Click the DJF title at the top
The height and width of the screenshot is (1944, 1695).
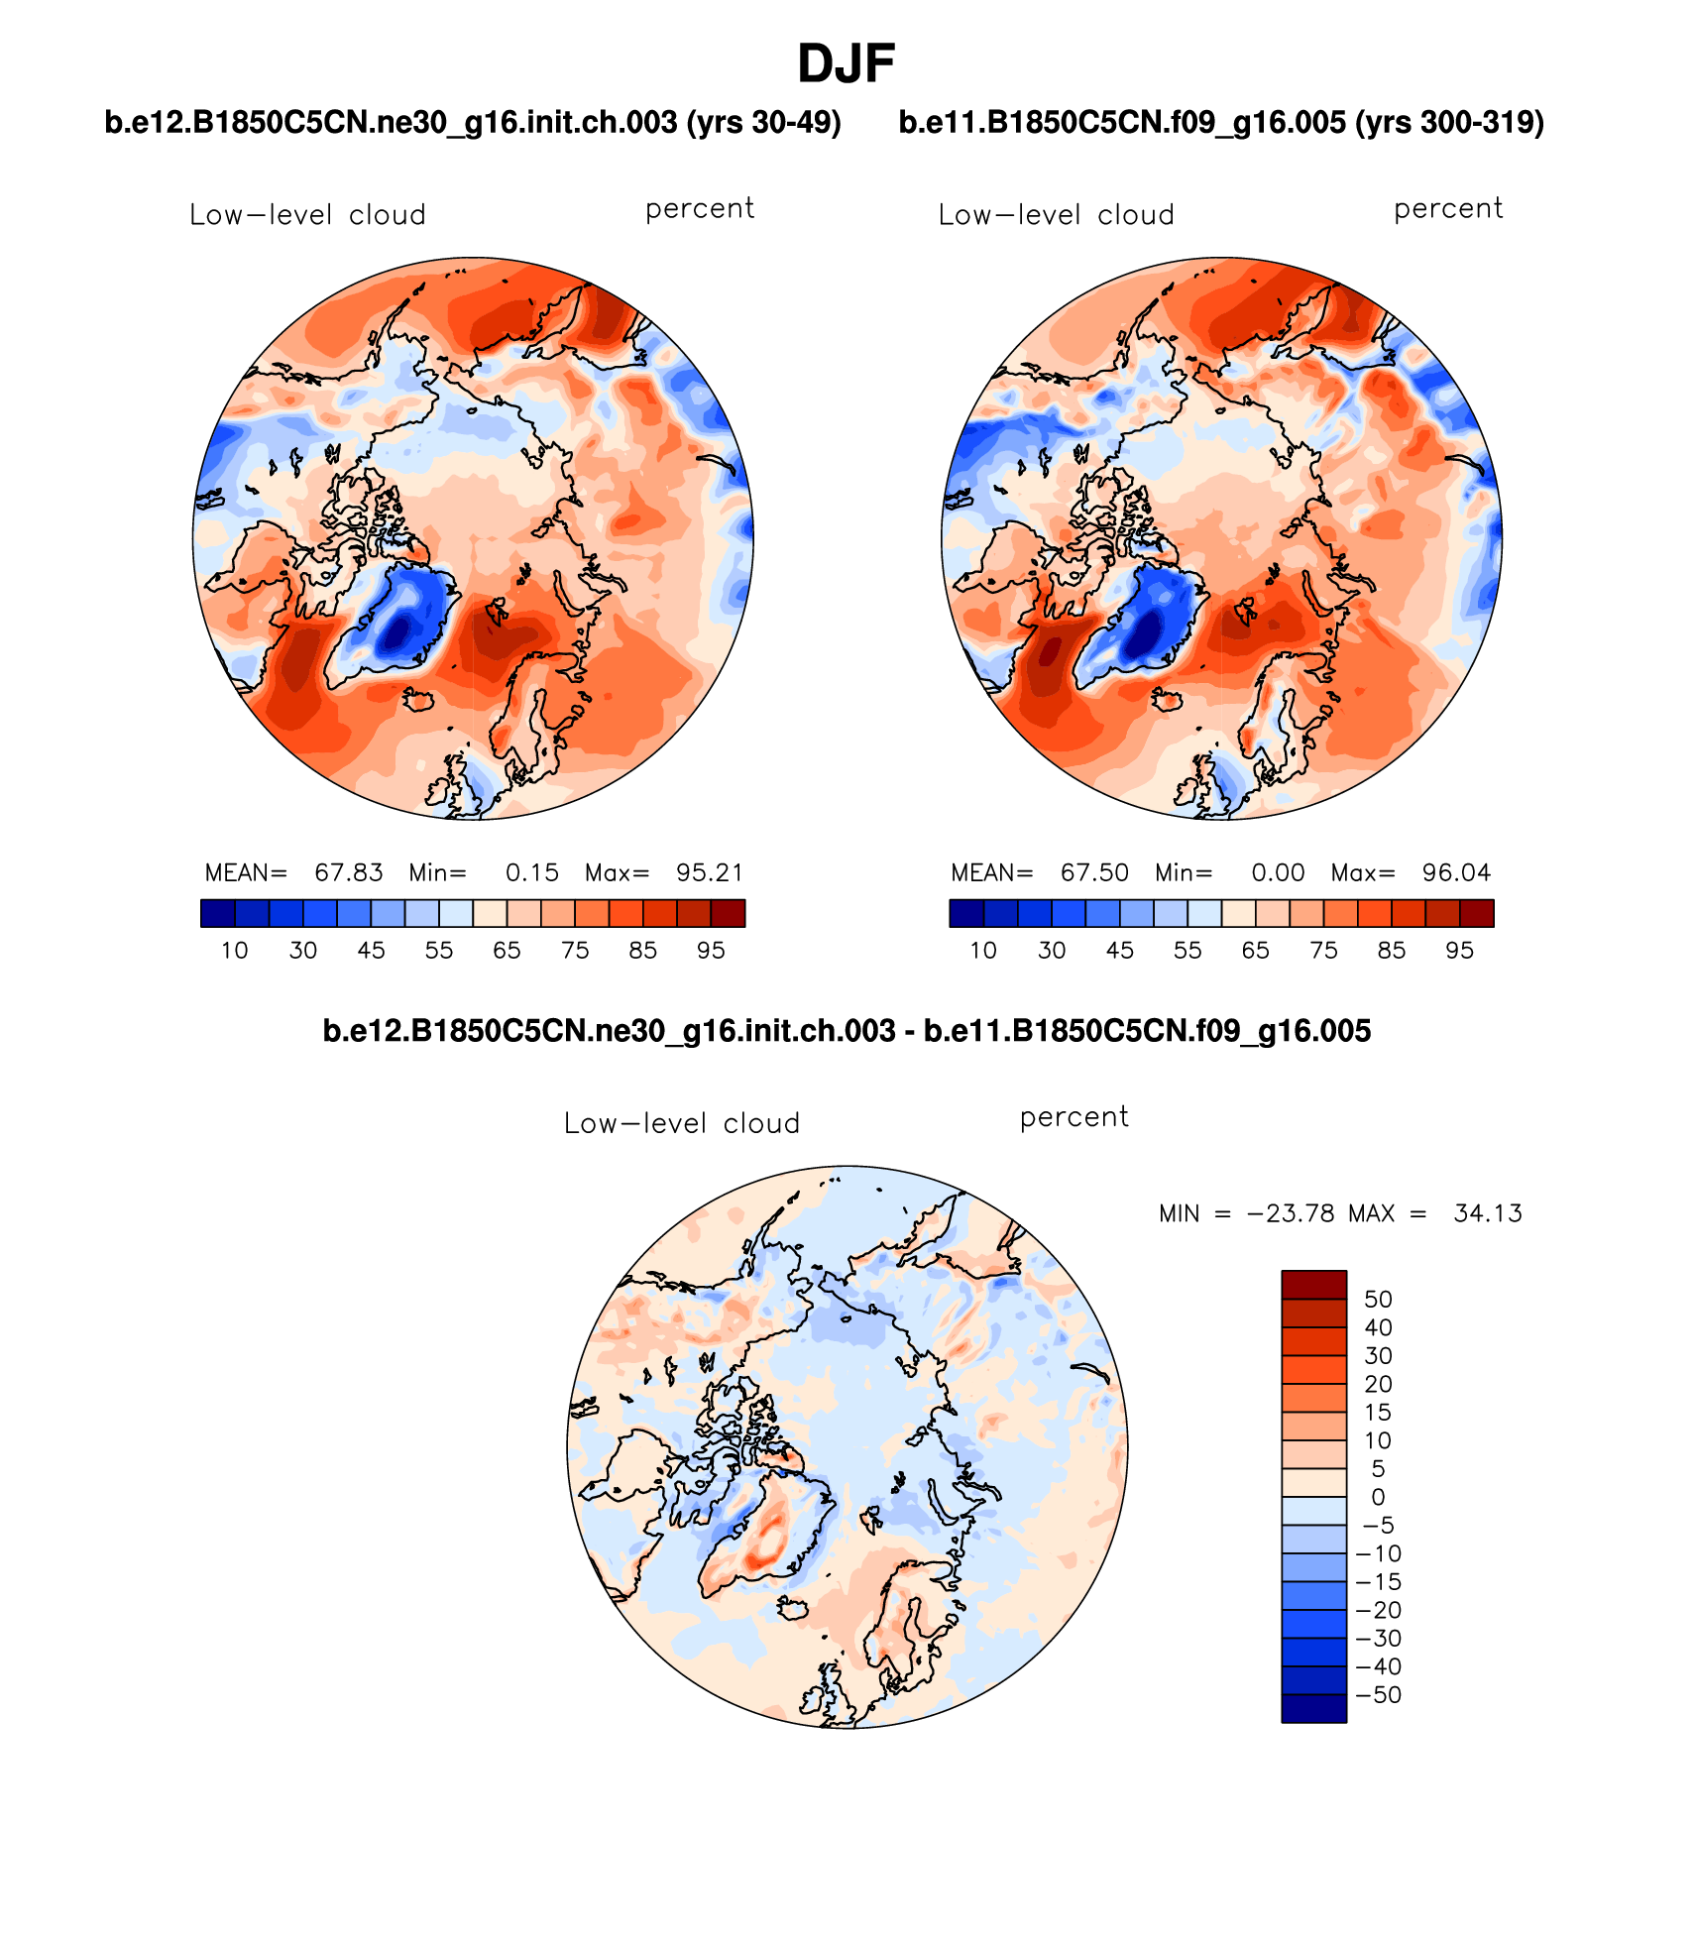coord(846,65)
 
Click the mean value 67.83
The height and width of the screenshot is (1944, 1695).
coord(348,872)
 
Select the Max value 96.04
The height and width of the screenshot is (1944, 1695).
coord(1456,872)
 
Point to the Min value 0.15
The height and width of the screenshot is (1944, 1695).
coord(532,872)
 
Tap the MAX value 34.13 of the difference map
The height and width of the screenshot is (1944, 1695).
coord(1487,1213)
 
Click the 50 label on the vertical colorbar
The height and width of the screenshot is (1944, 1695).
coord(1378,1299)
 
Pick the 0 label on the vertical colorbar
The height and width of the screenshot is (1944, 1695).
coord(1378,1497)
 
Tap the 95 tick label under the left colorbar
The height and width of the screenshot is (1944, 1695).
coord(711,951)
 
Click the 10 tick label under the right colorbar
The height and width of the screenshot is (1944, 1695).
coord(983,951)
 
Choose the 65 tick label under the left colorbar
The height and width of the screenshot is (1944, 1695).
coord(507,951)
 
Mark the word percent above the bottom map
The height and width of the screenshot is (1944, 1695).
coord(1073,1117)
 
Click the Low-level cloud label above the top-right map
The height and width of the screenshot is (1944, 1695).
coord(1056,215)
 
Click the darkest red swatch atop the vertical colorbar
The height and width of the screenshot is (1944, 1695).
coord(1313,1284)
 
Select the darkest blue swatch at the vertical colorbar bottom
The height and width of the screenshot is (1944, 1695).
coord(1313,1708)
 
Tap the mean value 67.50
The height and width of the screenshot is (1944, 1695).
coord(1094,872)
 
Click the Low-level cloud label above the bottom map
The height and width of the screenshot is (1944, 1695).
coord(681,1123)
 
